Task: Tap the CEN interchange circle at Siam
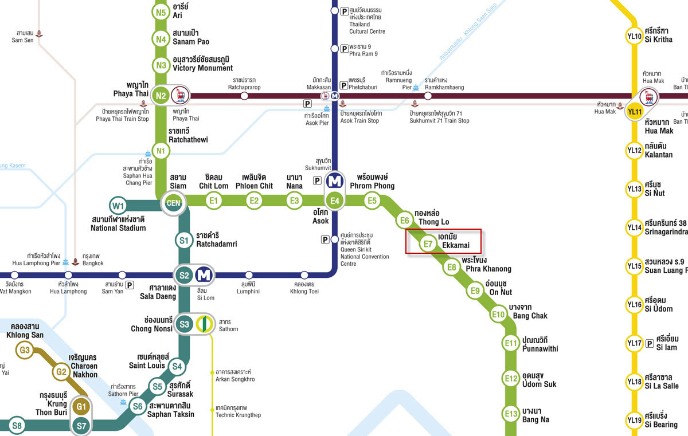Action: click(x=173, y=202)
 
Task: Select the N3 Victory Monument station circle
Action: click(x=161, y=65)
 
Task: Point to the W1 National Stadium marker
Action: click(x=119, y=205)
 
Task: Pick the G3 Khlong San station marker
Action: click(x=25, y=350)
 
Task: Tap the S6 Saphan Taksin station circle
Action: click(x=138, y=407)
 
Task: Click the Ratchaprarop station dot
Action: click(x=244, y=96)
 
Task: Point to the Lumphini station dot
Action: click(x=248, y=275)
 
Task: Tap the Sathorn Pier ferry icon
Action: click(x=123, y=402)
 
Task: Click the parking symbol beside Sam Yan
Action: click(x=130, y=285)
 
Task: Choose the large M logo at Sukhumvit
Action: click(x=335, y=182)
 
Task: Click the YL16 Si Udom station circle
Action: click(x=634, y=304)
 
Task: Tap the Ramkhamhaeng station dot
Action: click(x=428, y=96)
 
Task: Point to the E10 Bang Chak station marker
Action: click(x=498, y=314)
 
